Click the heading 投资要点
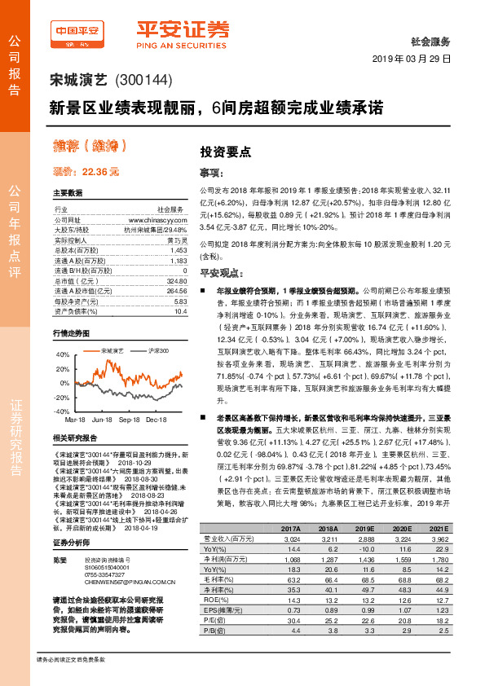pos(219,152)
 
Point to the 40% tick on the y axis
pos(63,355)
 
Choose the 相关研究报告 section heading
pos(75,438)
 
